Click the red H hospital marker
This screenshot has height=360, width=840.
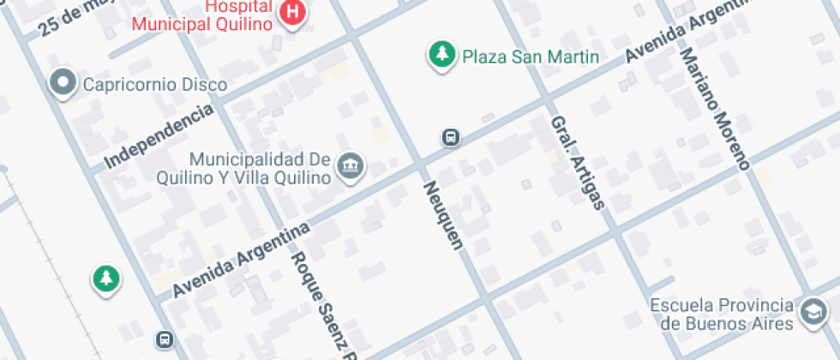tap(293, 13)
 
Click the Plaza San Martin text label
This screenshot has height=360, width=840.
tap(530, 57)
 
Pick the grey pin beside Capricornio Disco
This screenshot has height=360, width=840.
tap(63, 84)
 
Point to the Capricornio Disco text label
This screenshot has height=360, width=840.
tap(155, 85)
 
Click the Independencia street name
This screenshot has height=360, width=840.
tap(159, 136)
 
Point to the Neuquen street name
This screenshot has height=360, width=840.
tap(442, 214)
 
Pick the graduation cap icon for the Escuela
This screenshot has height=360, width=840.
tap(811, 315)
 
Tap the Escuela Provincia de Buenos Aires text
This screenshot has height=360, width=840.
tap(721, 315)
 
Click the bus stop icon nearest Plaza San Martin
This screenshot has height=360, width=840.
tap(450, 137)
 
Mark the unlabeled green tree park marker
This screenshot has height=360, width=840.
tap(105, 278)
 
